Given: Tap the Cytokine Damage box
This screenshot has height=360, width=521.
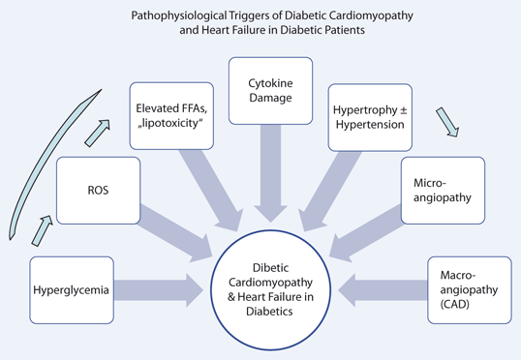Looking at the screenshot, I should point(270,91).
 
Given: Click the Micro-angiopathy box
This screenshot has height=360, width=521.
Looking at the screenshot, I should point(442,191).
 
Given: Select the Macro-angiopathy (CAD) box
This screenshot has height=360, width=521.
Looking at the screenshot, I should point(469,288).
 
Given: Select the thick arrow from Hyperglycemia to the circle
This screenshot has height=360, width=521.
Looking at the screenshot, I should point(168,288).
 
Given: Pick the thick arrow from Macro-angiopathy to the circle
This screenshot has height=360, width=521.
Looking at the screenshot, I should point(387,288).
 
